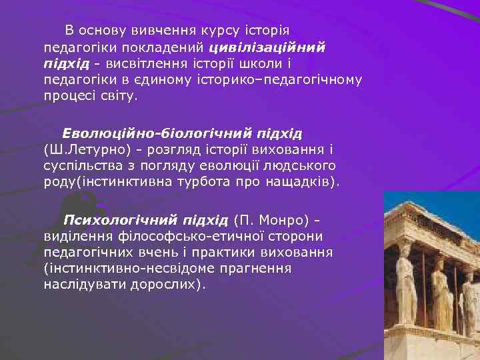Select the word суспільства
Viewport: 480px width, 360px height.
tap(83, 165)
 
